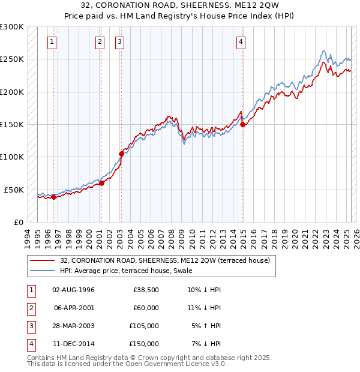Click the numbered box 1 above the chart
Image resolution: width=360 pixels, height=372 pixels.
pos(53,42)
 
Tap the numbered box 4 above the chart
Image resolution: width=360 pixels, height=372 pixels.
pos(241,42)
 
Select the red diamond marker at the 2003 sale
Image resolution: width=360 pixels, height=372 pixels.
pos(121,154)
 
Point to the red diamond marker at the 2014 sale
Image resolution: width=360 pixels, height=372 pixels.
pos(243,125)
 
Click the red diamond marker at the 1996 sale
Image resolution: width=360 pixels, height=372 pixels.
pos(53,197)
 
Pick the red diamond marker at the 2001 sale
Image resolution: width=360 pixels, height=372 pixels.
pos(101,183)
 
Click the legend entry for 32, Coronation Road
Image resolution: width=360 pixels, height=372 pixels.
pos(165,260)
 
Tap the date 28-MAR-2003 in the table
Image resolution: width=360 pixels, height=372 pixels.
pos(73,326)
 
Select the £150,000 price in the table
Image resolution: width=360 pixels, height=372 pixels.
pos(145,344)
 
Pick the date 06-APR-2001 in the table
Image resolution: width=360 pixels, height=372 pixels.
pos(73,308)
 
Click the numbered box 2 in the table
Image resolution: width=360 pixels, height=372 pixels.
pos(30,308)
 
